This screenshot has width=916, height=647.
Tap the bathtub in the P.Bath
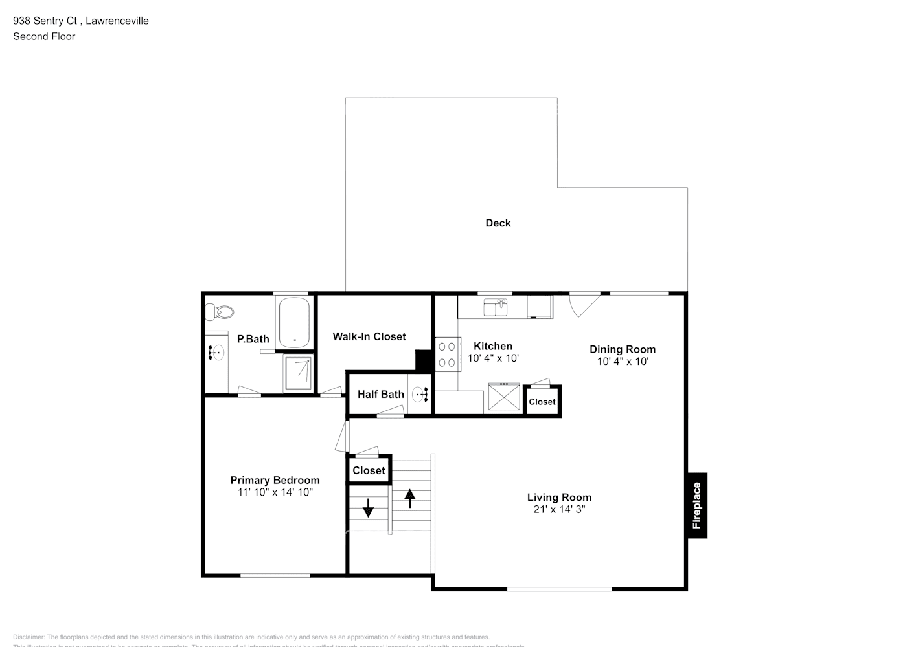(x=293, y=322)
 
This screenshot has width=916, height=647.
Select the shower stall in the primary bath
(x=298, y=373)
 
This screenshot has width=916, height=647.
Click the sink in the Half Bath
(x=420, y=394)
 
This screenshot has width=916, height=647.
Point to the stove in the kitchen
(x=447, y=355)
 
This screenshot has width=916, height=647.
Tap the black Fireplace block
(x=697, y=505)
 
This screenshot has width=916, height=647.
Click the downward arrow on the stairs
(x=368, y=508)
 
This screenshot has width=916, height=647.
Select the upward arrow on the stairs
(x=410, y=498)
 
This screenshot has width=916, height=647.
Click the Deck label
(x=498, y=223)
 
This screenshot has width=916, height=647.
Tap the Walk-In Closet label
(x=369, y=336)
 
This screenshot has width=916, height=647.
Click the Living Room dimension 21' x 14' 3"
(x=559, y=509)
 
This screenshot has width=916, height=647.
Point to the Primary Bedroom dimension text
(x=275, y=492)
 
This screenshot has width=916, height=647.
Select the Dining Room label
(x=622, y=349)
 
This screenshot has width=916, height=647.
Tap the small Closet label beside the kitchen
(x=542, y=402)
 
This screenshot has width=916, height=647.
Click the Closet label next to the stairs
(x=369, y=470)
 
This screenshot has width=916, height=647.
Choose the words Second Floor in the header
(x=44, y=36)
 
